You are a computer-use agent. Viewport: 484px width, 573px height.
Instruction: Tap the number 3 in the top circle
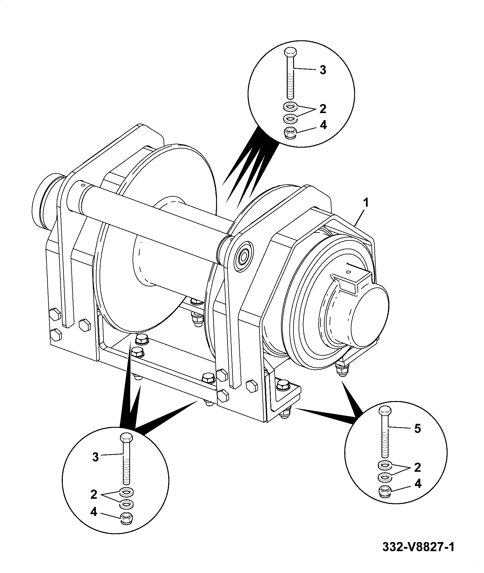point(323,70)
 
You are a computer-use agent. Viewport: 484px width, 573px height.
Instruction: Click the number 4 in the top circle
point(323,125)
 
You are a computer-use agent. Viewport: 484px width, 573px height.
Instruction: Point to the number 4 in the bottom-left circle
point(93,512)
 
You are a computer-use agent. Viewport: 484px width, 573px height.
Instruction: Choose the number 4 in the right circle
point(418,483)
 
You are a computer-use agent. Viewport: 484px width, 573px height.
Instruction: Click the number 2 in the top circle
point(323,109)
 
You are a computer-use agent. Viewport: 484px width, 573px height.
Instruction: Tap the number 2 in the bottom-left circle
point(94,495)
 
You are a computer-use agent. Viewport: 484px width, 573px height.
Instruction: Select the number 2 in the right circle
point(418,467)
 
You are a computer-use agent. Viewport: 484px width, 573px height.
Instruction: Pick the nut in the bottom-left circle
point(127,518)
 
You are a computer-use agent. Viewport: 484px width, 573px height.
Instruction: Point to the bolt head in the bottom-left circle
point(126,438)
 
